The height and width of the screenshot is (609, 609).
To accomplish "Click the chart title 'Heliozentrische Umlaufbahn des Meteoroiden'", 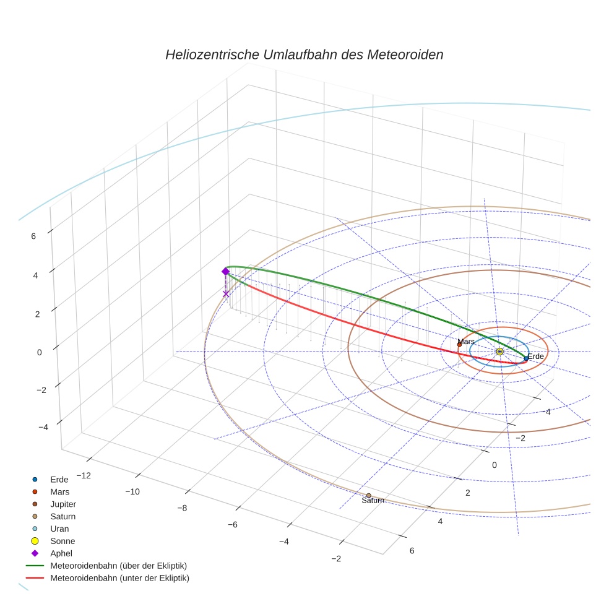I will click(x=304, y=54).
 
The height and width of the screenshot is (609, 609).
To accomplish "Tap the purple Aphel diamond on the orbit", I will click(x=225, y=271).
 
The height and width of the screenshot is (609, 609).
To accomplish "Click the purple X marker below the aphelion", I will click(x=226, y=294).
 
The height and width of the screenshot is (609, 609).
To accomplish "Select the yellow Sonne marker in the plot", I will click(x=499, y=352).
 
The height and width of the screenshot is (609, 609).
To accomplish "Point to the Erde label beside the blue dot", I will click(x=535, y=356).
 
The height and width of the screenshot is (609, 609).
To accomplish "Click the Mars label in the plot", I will click(x=465, y=342).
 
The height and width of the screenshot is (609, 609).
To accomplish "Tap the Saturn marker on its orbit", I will click(x=368, y=495).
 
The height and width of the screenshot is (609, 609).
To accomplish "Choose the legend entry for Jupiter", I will click(x=63, y=504).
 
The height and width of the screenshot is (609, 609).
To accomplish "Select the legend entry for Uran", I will click(x=59, y=529).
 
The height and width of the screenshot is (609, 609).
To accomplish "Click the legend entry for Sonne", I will click(x=63, y=541).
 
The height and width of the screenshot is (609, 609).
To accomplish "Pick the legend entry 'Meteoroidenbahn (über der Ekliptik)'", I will click(x=119, y=566).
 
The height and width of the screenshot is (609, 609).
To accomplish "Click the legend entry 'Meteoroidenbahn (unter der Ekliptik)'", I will click(x=119, y=578).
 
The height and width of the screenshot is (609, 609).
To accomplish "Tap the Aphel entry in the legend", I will click(x=61, y=553).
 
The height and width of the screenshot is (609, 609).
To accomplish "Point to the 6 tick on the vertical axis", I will click(x=33, y=235).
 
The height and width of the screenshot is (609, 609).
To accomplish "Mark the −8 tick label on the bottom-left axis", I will click(x=182, y=508).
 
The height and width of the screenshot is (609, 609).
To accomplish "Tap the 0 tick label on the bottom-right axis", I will click(x=494, y=465).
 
